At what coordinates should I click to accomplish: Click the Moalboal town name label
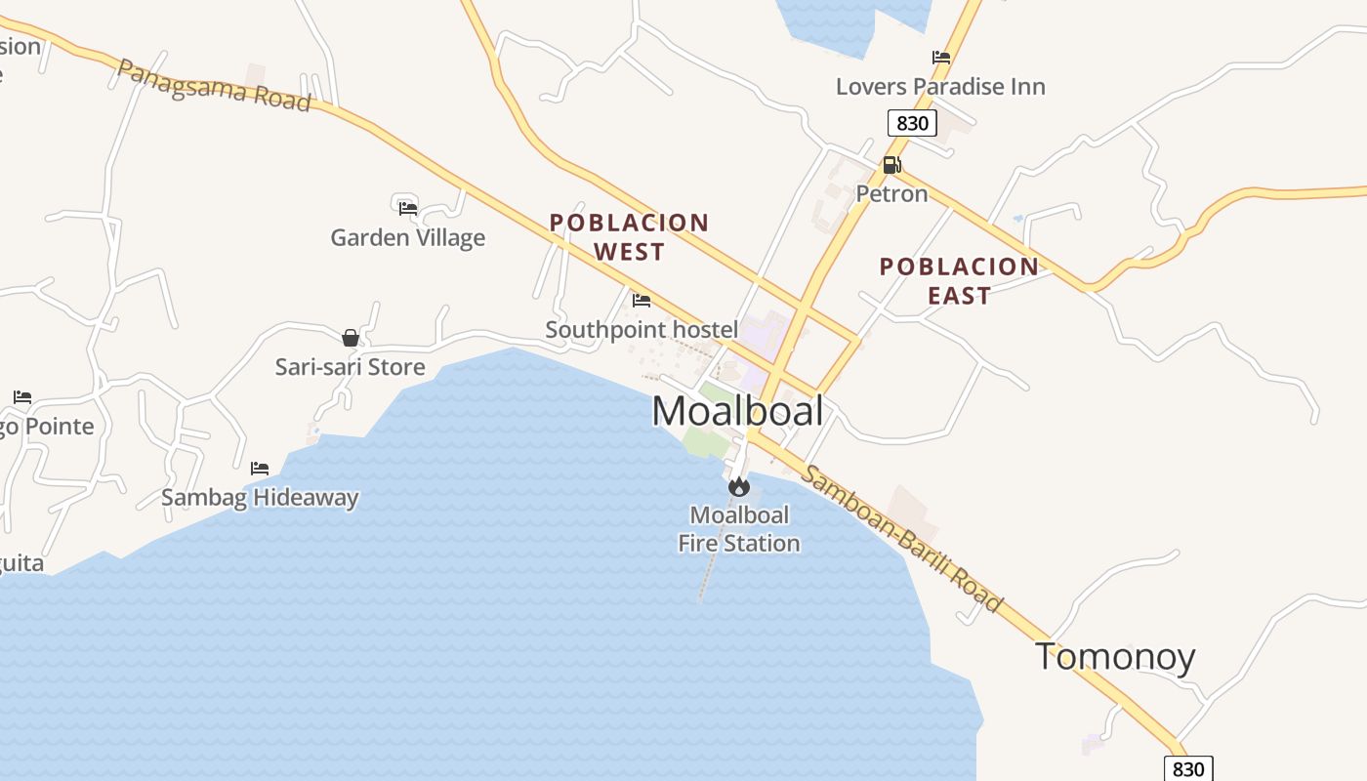(737, 411)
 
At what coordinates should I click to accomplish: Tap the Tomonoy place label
(1115, 656)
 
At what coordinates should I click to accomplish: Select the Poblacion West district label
(629, 237)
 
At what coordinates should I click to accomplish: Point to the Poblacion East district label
(959, 281)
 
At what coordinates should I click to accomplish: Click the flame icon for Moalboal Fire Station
(739, 485)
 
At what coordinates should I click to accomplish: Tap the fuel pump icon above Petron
(891, 165)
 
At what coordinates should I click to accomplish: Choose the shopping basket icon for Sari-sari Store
(351, 338)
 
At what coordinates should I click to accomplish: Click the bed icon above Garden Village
(408, 207)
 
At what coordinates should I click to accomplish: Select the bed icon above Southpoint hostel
(642, 300)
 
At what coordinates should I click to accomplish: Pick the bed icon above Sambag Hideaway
(260, 469)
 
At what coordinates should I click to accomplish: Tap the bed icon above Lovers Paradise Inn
(941, 58)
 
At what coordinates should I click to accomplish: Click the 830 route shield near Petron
(912, 123)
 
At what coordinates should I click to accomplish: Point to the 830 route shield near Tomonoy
(1188, 768)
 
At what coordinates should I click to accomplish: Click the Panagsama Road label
(214, 85)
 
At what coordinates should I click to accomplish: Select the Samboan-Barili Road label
(901, 538)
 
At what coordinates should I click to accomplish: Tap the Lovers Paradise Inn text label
(940, 87)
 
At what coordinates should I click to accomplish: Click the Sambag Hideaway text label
(260, 498)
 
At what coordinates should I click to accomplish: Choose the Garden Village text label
(407, 237)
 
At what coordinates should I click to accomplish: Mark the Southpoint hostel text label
(642, 330)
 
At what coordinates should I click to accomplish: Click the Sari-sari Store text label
(350, 367)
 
